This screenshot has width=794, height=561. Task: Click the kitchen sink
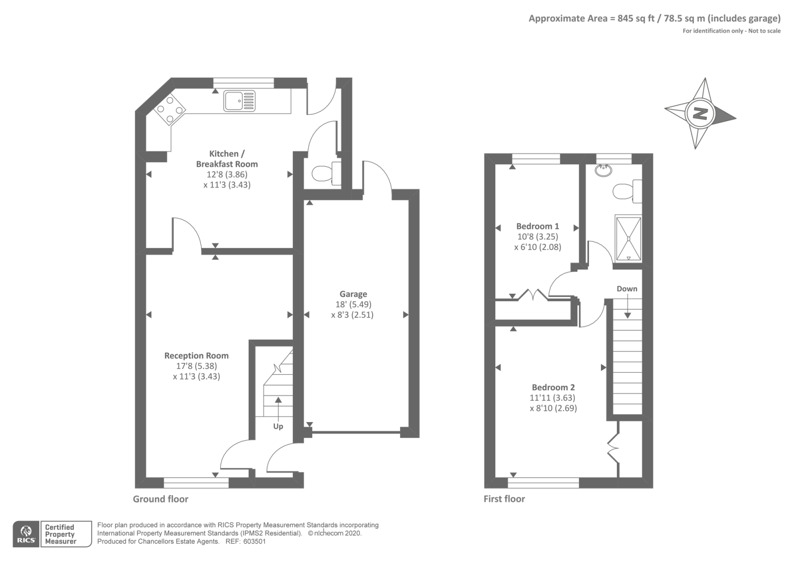pos(239,101)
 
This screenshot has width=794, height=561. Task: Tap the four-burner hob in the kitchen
pos(169,109)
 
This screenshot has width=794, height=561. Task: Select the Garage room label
pos(353,294)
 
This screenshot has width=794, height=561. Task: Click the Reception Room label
pos(197,355)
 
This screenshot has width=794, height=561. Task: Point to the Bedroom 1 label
pos(537,226)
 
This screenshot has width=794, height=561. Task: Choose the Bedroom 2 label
pos(553,388)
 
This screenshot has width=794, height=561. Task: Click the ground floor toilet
pos(327,173)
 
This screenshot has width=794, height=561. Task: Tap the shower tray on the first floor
pos(628,239)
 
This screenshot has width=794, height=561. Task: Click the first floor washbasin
pos(603,170)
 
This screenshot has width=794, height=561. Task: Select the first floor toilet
pos(627,192)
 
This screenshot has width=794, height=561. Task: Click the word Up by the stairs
pos(278,426)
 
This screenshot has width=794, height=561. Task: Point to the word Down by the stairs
pos(627,289)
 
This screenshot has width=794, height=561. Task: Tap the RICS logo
pos(26,534)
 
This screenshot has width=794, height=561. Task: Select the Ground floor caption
pos(161,499)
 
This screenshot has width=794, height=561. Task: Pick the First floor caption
pos(504,499)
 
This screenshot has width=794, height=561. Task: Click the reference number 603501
pos(255,542)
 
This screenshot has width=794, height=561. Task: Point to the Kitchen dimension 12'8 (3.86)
pos(227,174)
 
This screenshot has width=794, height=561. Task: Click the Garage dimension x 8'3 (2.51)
pos(352,315)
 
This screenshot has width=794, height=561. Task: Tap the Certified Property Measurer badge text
pos(60,534)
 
